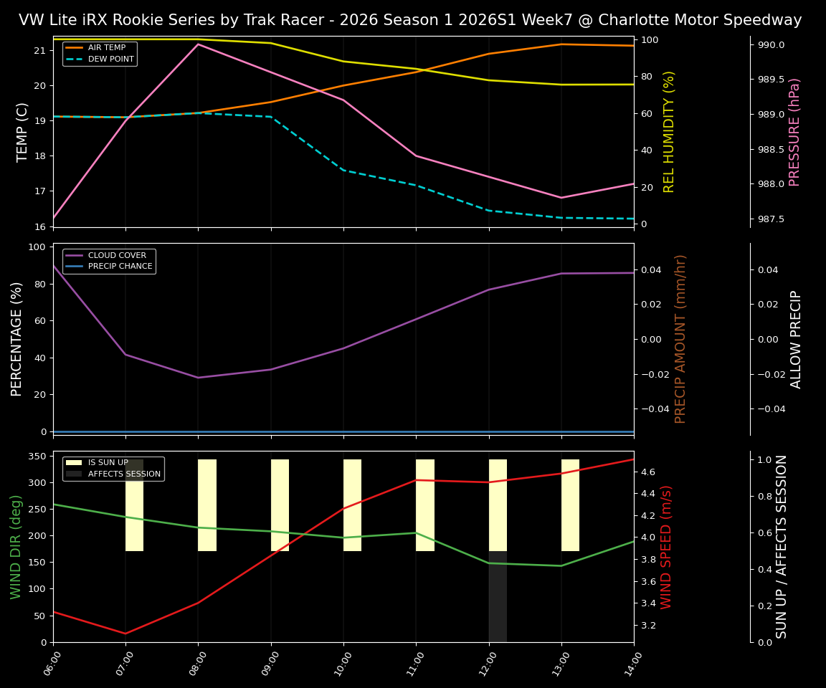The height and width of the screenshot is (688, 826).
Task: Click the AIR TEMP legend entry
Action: (106, 48)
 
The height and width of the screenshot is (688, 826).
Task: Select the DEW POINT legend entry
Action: (110, 59)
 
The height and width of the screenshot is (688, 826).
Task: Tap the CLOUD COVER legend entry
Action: (117, 255)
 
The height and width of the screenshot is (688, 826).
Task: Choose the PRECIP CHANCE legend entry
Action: (120, 267)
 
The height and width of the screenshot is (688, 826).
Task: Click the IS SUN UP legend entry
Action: (108, 463)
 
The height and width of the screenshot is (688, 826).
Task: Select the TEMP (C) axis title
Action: (23, 132)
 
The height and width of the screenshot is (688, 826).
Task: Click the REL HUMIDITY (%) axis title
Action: (669, 132)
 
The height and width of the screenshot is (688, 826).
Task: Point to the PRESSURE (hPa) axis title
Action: (794, 132)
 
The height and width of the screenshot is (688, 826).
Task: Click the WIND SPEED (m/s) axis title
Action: (667, 547)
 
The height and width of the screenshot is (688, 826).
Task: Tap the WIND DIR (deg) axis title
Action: (16, 547)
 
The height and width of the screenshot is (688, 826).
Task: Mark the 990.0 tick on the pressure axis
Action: (771, 45)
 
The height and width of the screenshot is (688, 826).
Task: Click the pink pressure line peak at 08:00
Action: (199, 44)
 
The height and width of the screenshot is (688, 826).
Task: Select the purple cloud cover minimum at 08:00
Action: (199, 378)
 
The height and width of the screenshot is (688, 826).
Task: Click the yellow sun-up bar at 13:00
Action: (570, 505)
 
